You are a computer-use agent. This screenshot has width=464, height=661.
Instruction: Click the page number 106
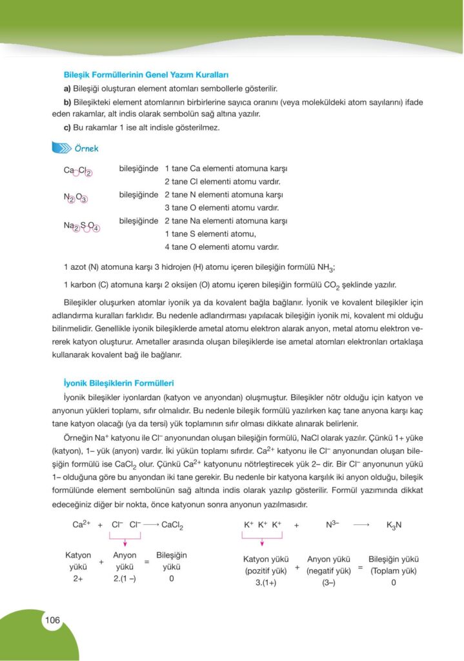point(52,620)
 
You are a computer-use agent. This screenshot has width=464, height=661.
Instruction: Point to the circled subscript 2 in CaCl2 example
point(89,172)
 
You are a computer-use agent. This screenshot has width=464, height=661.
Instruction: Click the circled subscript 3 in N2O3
point(84,199)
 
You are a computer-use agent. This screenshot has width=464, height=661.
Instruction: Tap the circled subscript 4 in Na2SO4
point(94,227)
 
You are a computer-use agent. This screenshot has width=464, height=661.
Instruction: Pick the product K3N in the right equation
point(394,525)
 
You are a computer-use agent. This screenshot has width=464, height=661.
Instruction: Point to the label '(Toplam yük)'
point(393,571)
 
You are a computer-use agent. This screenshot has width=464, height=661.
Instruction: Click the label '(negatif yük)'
point(328,571)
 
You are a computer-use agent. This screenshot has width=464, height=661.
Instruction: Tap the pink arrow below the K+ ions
point(261,542)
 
